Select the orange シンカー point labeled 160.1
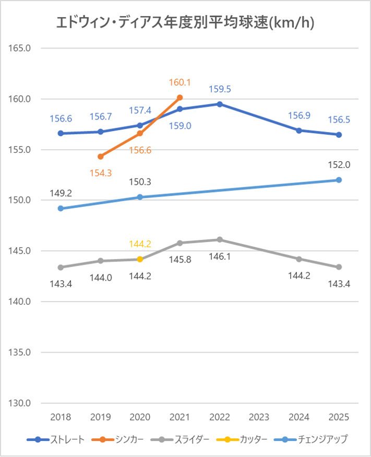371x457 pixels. tap(180, 98)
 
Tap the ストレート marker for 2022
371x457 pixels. tap(220, 104)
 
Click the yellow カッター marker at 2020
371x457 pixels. tap(140, 259)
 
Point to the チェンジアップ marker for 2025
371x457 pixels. tap(339, 180)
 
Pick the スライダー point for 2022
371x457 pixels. tap(220, 239)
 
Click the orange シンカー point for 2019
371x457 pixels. tap(100, 157)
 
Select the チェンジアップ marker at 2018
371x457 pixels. tap(61, 208)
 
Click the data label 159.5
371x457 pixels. tap(220, 89)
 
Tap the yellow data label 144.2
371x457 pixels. tap(140, 244)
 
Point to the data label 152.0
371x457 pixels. tap(339, 165)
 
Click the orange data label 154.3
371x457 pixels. tap(100, 172)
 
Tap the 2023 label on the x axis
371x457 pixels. tap(259, 417)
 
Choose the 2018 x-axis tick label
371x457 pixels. tap(61, 417)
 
